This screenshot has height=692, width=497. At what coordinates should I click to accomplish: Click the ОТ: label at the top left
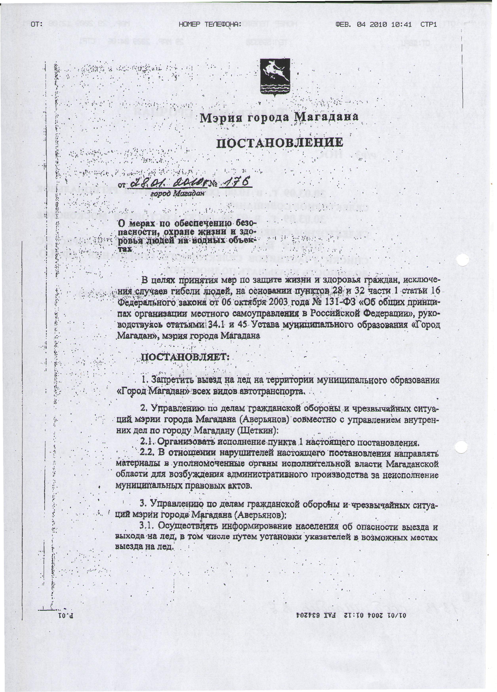36,24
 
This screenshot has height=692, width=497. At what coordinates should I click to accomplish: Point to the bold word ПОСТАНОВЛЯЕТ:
184,357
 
